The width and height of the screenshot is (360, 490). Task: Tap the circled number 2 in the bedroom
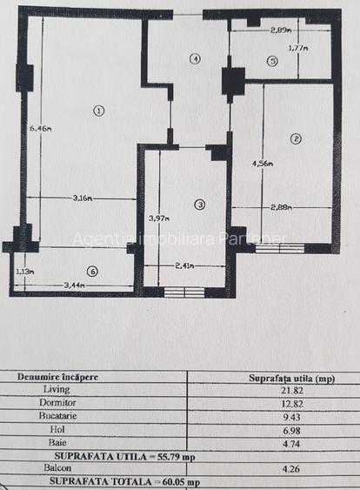pos(296,139)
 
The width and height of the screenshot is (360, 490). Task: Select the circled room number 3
pos(200,205)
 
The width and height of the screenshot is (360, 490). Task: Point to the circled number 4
pos(195,59)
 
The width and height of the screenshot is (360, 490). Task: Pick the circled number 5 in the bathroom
pos(272,61)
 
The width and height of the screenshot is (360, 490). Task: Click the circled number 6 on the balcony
pos(92,271)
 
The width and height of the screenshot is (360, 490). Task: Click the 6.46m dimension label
pos(40,129)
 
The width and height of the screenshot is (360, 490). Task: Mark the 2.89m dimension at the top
pos(279,30)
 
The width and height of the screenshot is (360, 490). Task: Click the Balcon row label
pos(81,468)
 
